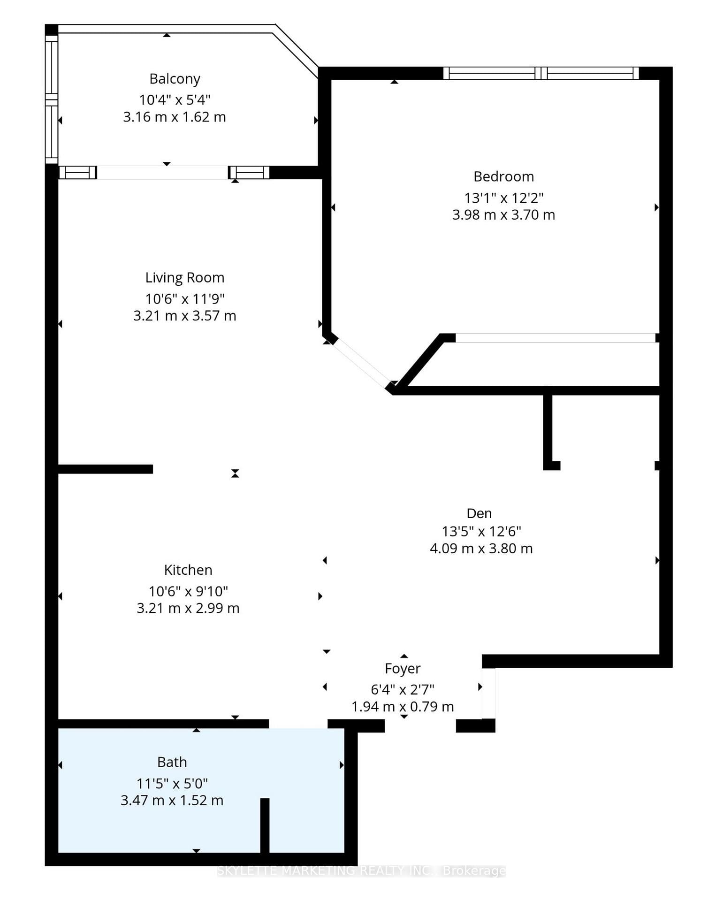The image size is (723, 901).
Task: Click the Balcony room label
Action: point(175,79)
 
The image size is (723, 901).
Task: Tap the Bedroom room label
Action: point(503,176)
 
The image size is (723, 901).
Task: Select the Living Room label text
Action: point(184,277)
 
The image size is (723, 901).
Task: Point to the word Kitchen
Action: point(188,570)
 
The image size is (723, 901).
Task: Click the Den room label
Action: point(479,513)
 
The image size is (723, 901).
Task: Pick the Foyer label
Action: point(403,668)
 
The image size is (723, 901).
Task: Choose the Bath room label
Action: point(172,762)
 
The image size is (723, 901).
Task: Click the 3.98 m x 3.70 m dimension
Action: point(503,215)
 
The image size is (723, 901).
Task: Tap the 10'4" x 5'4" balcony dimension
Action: point(175,100)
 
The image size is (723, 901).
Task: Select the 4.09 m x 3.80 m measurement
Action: point(481,549)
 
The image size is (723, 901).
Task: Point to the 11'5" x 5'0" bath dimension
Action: point(172,783)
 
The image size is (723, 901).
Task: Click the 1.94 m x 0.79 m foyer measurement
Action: point(403,706)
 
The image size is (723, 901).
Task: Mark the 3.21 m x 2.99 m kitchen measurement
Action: point(188,608)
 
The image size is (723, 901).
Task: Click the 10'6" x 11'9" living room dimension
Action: point(184,298)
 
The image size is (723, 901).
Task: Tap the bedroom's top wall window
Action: point(541,73)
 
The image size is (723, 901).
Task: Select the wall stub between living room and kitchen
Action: point(106,469)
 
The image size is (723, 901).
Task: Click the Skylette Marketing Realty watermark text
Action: point(361,870)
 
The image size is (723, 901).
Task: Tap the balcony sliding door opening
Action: point(162,172)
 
